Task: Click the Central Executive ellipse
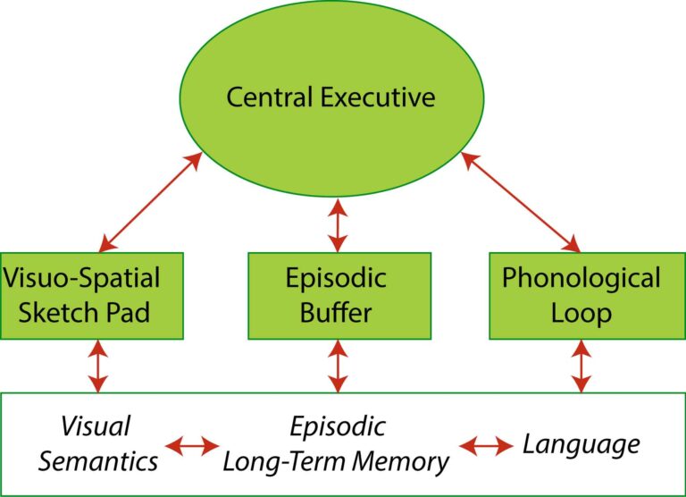[331, 54]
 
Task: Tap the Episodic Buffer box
[337, 295]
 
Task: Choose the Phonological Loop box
[581, 295]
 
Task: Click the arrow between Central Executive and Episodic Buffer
[337, 224]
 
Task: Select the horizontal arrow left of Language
[484, 444]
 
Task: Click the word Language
[581, 443]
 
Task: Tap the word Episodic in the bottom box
[337, 425]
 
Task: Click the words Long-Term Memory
[337, 461]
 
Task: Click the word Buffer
[337, 313]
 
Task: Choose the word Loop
[581, 313]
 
